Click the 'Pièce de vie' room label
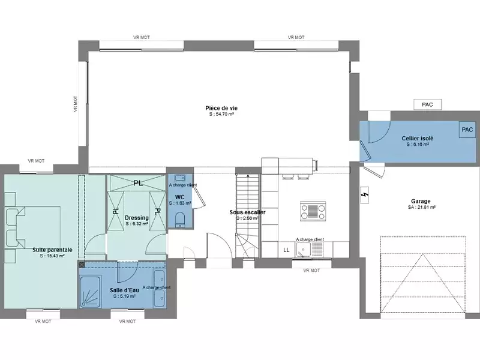coord(222,107)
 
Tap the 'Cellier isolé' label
coord(418,138)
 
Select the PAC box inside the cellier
coord(466,130)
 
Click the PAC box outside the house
coord(427,104)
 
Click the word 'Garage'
coord(421,202)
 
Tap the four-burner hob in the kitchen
coord(313,211)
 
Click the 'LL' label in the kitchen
coord(286,250)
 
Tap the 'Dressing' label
coord(137,217)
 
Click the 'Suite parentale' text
coord(52,249)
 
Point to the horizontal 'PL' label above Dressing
coord(137,183)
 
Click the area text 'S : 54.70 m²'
coord(222,113)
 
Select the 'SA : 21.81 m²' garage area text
coord(421,208)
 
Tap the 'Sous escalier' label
coord(247,212)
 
